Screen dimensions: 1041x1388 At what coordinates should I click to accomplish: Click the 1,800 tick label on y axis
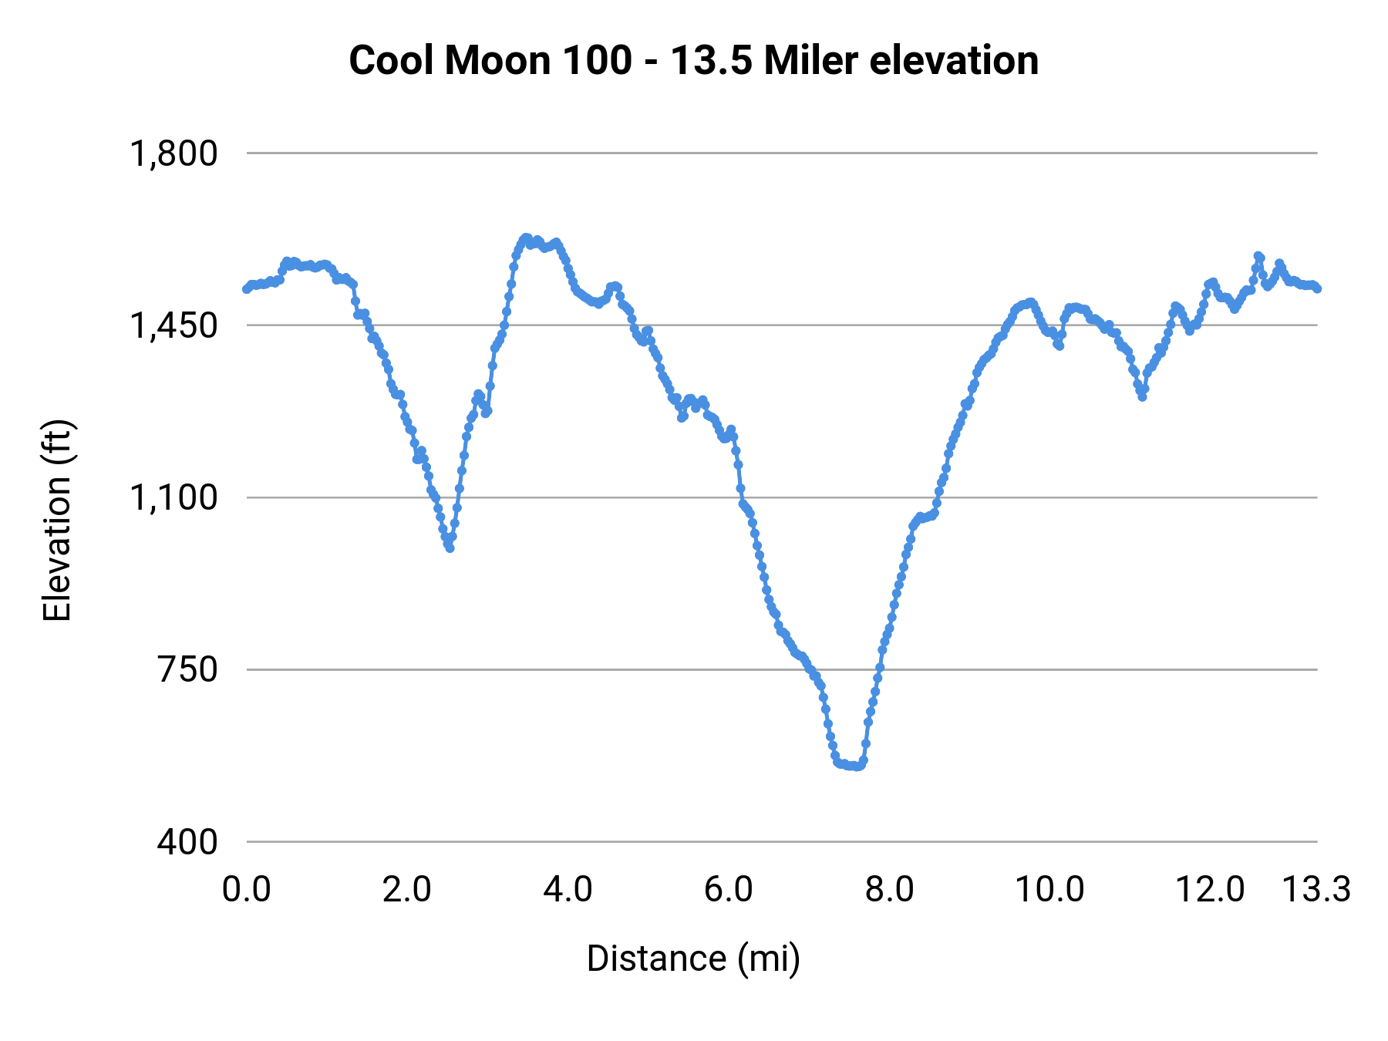173,153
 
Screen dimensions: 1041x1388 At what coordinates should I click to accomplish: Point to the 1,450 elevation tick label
173,325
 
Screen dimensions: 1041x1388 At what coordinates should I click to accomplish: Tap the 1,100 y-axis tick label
173,497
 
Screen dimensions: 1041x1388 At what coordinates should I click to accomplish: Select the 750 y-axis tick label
187,669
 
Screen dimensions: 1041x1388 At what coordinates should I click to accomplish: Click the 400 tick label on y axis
187,841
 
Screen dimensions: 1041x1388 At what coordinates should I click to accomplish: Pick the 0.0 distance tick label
247,890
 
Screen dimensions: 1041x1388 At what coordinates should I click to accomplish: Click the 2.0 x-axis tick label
407,890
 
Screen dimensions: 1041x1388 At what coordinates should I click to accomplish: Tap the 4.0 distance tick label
568,890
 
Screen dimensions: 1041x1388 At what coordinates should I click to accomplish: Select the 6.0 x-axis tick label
729,890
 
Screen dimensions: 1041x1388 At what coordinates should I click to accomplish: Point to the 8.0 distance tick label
889,890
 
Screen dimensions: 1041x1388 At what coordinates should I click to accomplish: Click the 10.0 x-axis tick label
1049,890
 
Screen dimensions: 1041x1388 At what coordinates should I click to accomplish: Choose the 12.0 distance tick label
1210,890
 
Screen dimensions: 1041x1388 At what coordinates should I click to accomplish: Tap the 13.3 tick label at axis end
1316,890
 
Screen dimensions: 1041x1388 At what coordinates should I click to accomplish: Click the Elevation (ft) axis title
57,520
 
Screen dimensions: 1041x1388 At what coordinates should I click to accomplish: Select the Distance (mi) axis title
693,958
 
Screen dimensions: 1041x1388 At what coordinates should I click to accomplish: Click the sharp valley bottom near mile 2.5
450,548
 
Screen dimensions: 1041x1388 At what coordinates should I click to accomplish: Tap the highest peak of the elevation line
527,238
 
